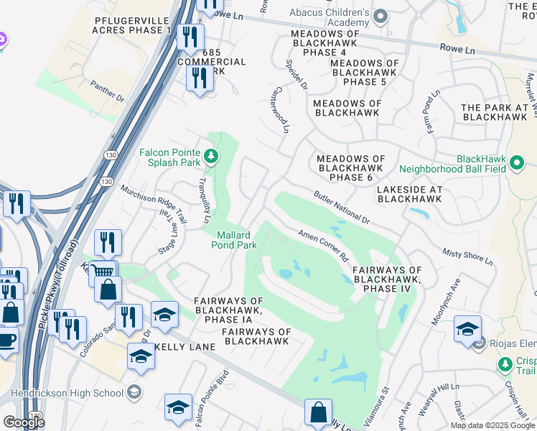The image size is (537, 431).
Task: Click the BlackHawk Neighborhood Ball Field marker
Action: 515,164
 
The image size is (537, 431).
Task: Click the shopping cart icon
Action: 103,271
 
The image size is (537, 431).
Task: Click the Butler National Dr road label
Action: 340,207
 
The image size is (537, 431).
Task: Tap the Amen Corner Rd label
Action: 323,246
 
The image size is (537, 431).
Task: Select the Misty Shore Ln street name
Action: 466,258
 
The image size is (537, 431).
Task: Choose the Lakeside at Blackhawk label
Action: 408,193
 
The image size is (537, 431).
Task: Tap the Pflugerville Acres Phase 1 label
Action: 132,25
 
